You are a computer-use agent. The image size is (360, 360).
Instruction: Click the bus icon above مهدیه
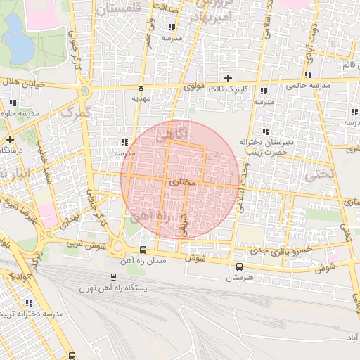pyautogui.click(x=141, y=88)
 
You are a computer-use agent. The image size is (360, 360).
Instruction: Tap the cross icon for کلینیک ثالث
pyautogui.click(x=227, y=77)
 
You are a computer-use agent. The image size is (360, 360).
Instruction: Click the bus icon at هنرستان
pyautogui.click(x=239, y=266)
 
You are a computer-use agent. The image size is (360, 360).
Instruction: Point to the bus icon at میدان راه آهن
pyautogui.click(x=143, y=250)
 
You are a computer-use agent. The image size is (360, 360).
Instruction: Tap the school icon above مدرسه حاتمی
pyautogui.click(x=308, y=75)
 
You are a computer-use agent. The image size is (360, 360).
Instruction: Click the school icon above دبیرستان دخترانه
pyautogui.click(x=265, y=131)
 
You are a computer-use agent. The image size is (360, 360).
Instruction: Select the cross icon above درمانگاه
pyautogui.click(x=11, y=139)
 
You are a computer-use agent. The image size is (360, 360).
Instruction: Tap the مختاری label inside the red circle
pyautogui.click(x=182, y=181)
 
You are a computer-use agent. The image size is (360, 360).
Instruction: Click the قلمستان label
pyautogui.click(x=127, y=9)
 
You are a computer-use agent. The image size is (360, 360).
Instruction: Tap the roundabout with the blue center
pyautogui.click(x=86, y=91)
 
